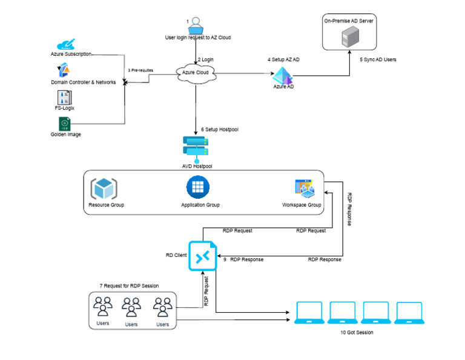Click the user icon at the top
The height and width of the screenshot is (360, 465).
coord(196,25)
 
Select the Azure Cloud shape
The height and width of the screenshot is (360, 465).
coord(196,73)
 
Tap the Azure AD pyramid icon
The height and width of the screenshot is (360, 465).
coord(282,76)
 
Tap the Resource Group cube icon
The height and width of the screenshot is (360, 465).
coord(104,188)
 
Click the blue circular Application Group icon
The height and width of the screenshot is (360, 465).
coord(197,188)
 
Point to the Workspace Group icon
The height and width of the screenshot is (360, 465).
coord(304,189)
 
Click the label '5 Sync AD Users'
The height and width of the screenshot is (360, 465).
coord(378,60)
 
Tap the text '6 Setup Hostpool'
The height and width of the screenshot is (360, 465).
coord(220,130)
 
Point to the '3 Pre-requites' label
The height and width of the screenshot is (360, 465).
coord(140,70)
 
